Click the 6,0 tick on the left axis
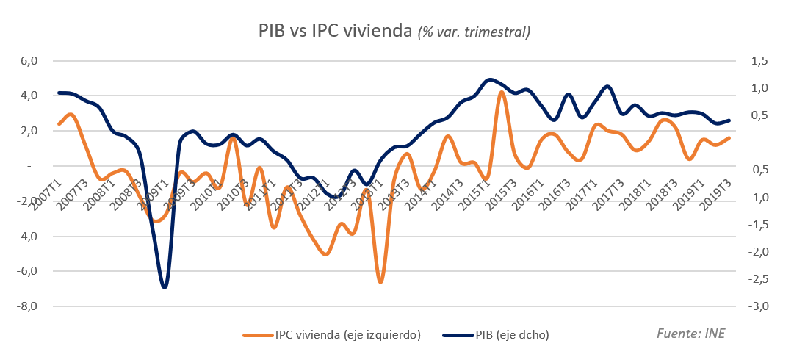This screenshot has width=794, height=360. point(28,61)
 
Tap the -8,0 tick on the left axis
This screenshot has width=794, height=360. point(26,306)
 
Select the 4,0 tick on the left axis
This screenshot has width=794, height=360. point(28,96)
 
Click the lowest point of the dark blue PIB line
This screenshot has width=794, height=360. point(164,287)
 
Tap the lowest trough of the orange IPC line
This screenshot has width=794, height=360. point(380,281)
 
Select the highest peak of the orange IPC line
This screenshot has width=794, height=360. point(502,92)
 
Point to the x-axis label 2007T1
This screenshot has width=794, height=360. point(46,194)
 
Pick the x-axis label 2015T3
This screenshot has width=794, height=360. point(499,194)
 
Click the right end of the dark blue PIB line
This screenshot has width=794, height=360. point(729,120)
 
